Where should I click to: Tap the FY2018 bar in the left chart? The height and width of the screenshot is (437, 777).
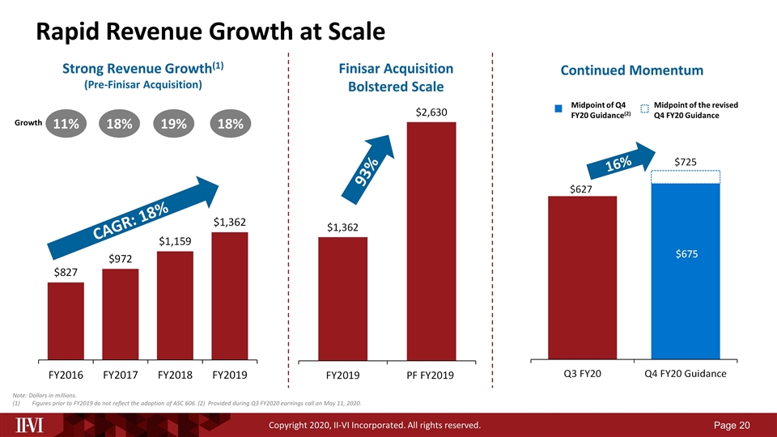pyautogui.click(x=176, y=305)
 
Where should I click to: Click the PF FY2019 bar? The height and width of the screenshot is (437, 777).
pyautogui.click(x=431, y=240)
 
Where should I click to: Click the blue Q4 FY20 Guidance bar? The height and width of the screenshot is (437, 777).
pyautogui.click(x=686, y=270)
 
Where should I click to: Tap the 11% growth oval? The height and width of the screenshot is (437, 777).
pyautogui.click(x=66, y=124)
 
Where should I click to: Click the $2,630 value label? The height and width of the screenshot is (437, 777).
pyautogui.click(x=431, y=112)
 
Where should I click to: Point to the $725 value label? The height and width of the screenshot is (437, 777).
pyautogui.click(x=686, y=163)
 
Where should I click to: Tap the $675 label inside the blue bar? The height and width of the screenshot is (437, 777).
pyautogui.click(x=686, y=254)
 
